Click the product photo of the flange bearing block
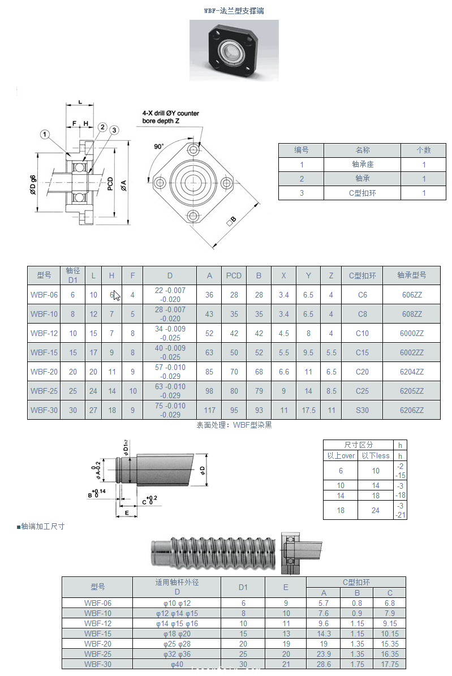(x=233, y=50)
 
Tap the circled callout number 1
(x=45, y=134)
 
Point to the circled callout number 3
(x=114, y=130)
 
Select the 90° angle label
(x=159, y=147)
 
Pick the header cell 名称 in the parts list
(x=362, y=150)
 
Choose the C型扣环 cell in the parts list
(x=362, y=193)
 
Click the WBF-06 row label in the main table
(x=44, y=295)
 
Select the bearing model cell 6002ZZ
(x=411, y=352)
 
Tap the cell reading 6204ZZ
(x=411, y=372)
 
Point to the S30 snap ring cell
(x=362, y=410)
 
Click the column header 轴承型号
(x=411, y=275)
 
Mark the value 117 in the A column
(x=209, y=410)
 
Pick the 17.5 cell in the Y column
(x=308, y=410)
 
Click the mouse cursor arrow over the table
(x=116, y=295)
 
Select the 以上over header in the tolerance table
(x=341, y=455)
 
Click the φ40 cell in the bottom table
(x=177, y=664)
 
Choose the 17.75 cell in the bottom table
(x=390, y=664)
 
